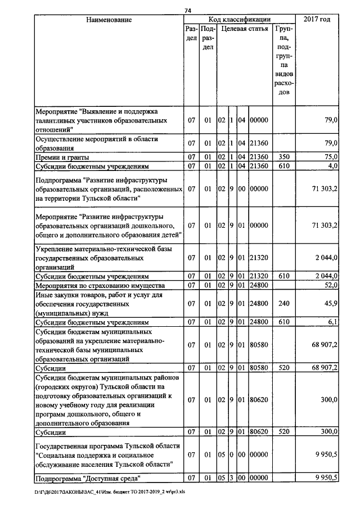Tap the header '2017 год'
pos(317,20)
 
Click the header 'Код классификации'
pos(240,20)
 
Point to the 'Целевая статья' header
pos(244,28)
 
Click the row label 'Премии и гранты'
pos(62,156)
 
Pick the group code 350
pos(283,156)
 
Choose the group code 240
pos(283,303)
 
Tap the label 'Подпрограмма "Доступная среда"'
pos(87,478)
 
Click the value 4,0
pos(332,166)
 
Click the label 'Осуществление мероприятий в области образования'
pos(96,142)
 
